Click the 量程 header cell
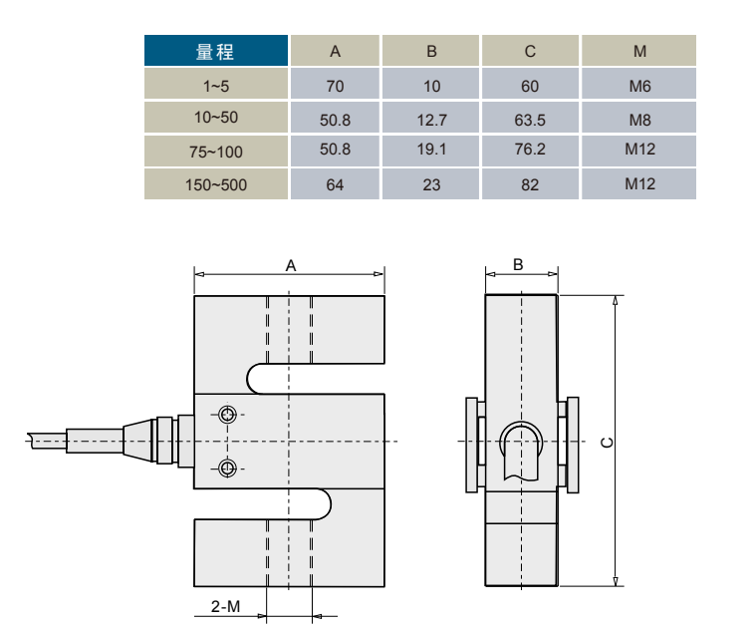[x=216, y=52]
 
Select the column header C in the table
[x=530, y=52]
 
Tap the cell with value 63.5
[x=530, y=120]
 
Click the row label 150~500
[x=216, y=184]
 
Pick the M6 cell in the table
[x=639, y=87]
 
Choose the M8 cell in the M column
[x=639, y=120]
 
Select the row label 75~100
[x=216, y=152]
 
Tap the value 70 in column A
[x=335, y=87]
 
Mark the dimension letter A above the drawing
[x=291, y=265]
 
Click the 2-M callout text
[x=226, y=606]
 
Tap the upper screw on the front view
[x=228, y=415]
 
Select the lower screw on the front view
[x=228, y=467]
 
